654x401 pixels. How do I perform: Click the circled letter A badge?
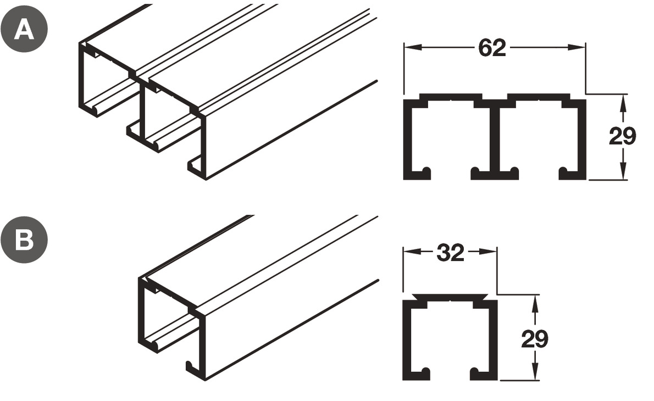click(24, 29)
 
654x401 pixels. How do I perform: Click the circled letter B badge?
click(24, 241)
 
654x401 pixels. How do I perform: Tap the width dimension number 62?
click(492, 48)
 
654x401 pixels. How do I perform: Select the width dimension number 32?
click(451, 253)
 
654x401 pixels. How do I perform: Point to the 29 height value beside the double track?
click(622, 137)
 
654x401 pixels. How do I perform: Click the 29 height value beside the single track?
click(534, 339)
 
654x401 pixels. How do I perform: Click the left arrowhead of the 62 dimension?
click(409, 48)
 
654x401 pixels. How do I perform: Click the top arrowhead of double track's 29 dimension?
click(622, 99)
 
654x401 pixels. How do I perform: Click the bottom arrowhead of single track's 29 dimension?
click(534, 374)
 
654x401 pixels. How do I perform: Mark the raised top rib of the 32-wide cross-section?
click(451, 297)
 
